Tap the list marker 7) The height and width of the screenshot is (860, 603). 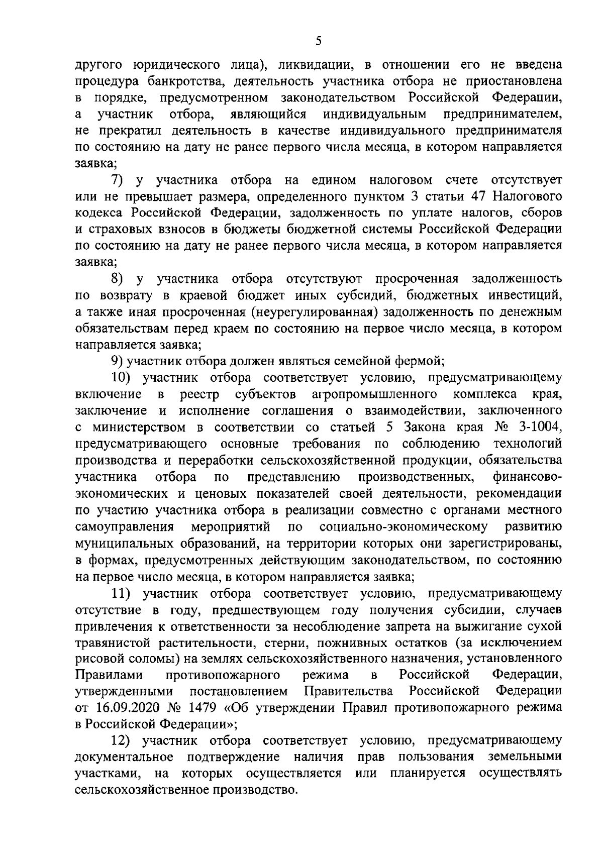(120, 180)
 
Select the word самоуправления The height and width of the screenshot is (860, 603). (124, 527)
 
